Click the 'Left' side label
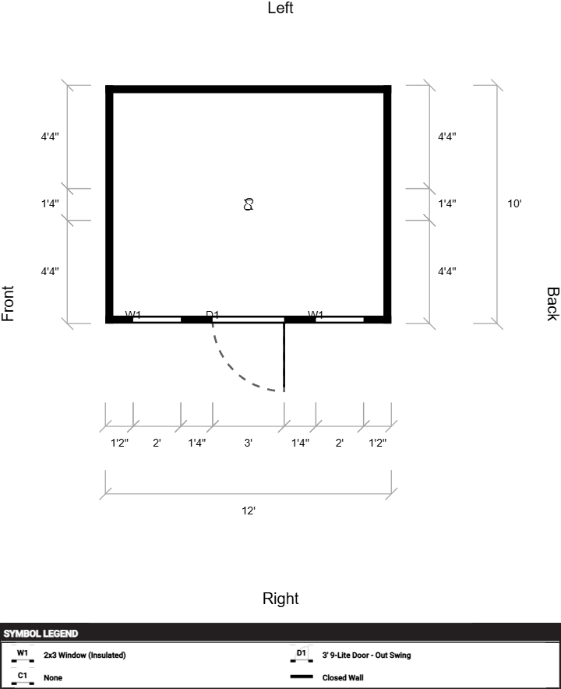pyautogui.click(x=280, y=8)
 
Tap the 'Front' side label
pyautogui.click(x=8, y=304)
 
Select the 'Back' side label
pyautogui.click(x=552, y=304)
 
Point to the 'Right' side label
pyautogui.click(x=280, y=599)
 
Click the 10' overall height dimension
pyautogui.click(x=514, y=203)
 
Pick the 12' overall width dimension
pyautogui.click(x=249, y=511)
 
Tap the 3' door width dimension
pyautogui.click(x=249, y=443)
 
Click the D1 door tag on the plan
pyautogui.click(x=212, y=314)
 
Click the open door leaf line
pyautogui.click(x=284, y=357)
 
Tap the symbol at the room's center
pyautogui.click(x=249, y=204)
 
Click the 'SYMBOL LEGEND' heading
pyautogui.click(x=41, y=634)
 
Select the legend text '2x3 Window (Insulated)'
pyautogui.click(x=85, y=655)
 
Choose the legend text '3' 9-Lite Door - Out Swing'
pyautogui.click(x=366, y=655)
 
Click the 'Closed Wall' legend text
pyautogui.click(x=343, y=677)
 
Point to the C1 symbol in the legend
pyautogui.click(x=23, y=678)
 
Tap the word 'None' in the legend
pyautogui.click(x=53, y=677)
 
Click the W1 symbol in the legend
pyautogui.click(x=23, y=655)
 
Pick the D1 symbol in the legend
pyautogui.click(x=302, y=655)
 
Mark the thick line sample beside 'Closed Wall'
pyautogui.click(x=302, y=677)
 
